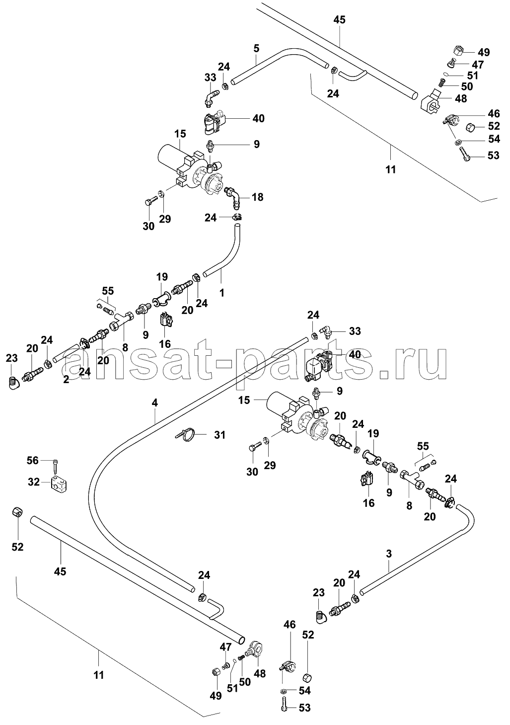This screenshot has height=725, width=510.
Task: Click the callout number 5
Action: pos(256,49)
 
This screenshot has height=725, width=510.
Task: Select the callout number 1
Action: pos(221,293)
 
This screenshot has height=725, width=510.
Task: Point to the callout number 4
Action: pos(154,403)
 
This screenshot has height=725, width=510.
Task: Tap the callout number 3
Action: pos(389,554)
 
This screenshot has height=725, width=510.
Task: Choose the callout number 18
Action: pos(257,197)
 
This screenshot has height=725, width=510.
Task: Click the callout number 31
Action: pos(219,435)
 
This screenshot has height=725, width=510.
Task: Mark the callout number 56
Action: pos(33,460)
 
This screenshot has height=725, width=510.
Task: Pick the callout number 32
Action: pos(34,482)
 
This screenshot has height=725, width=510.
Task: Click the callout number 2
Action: pos(66,379)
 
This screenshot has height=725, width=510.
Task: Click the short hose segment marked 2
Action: pos(67,356)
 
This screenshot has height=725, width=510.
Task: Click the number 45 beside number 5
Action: pos(339,20)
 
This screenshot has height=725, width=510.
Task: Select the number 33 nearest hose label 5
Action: pos(210,78)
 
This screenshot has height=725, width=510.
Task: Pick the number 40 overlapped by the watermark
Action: pos(355,354)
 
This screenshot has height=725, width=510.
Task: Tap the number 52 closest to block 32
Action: pos(17,547)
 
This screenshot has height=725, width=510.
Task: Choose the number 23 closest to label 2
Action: pos(11,358)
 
